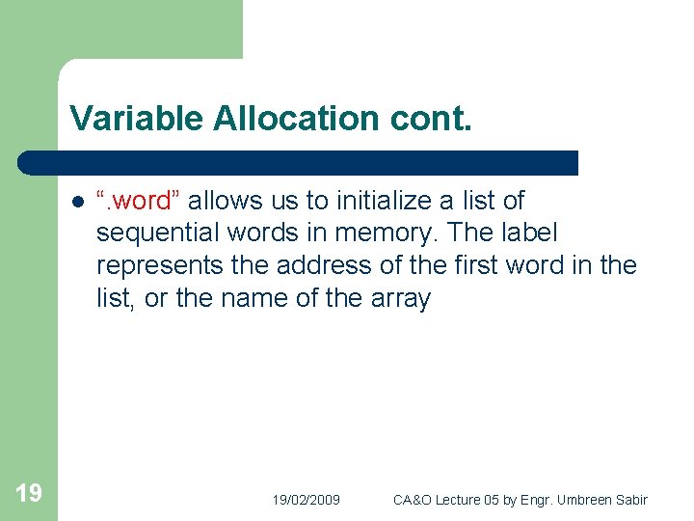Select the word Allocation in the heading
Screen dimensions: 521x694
[286, 119]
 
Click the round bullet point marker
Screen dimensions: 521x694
[76, 202]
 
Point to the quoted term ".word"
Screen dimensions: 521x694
[138, 201]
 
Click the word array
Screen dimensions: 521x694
[399, 298]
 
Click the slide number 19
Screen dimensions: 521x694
[29, 494]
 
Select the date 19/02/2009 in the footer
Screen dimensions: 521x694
[306, 500]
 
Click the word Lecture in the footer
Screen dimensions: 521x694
[463, 500]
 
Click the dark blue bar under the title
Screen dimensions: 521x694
[299, 162]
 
